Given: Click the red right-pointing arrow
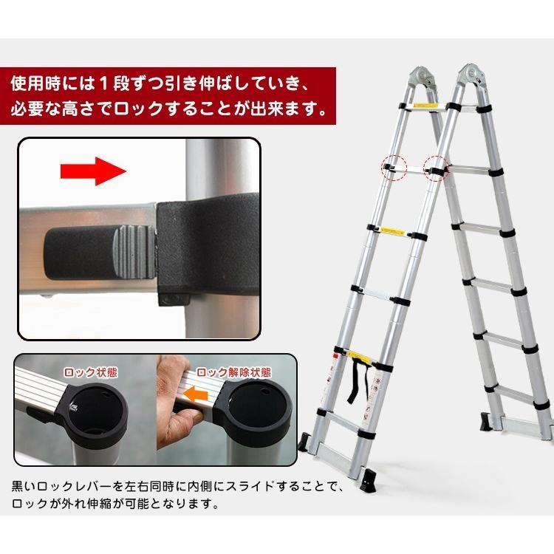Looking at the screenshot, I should coord(92,174).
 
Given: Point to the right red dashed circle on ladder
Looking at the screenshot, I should coord(436,168).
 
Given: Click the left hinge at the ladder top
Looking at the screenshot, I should coord(421,80).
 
